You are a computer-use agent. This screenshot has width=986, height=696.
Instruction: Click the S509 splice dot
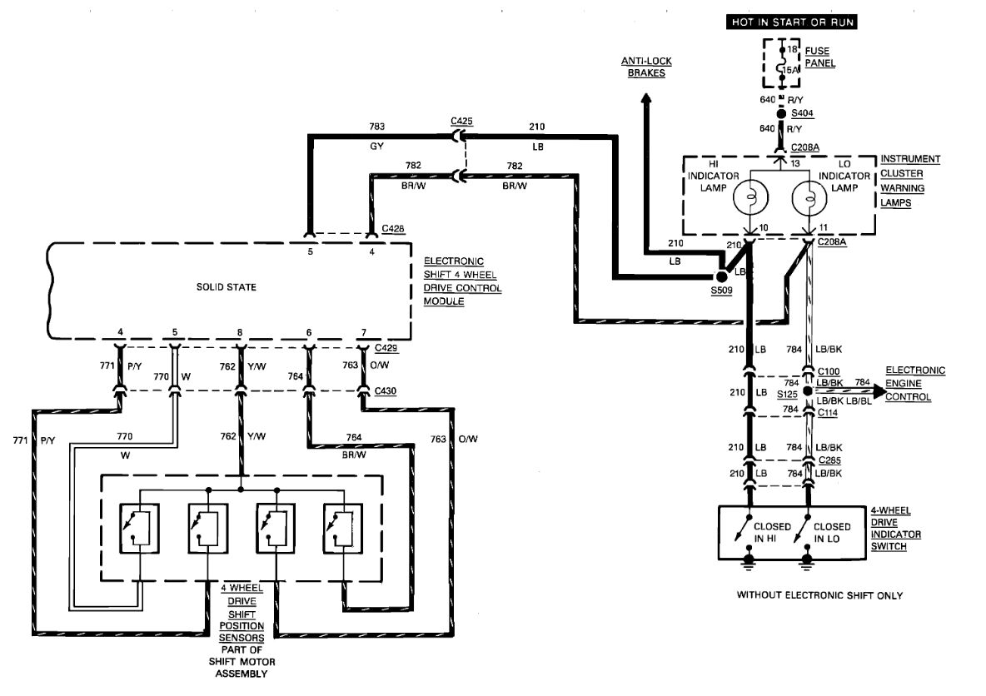721,276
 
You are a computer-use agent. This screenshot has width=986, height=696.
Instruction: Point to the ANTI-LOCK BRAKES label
646,67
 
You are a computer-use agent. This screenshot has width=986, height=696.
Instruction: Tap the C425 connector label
461,122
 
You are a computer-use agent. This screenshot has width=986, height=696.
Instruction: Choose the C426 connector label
393,227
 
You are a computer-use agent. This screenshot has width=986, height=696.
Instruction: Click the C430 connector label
386,390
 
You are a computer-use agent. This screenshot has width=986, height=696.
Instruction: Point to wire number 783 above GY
377,127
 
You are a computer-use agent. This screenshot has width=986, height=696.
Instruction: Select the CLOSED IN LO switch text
832,532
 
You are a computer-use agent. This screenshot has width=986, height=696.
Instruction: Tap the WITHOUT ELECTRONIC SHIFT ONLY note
819,595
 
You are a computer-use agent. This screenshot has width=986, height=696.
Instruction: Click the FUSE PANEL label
820,57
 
